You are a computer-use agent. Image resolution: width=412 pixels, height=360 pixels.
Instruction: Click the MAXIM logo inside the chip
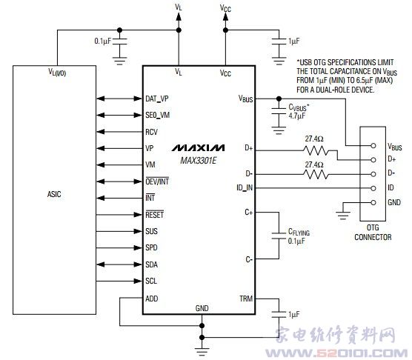[x=198, y=148]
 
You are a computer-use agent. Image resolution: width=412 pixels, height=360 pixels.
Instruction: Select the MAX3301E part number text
[x=198, y=161]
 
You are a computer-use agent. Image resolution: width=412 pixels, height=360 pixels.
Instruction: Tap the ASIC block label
[x=54, y=194]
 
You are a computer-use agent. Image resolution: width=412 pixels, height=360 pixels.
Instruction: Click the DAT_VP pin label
[x=157, y=99]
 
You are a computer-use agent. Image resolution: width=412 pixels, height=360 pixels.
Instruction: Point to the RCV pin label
[x=151, y=132]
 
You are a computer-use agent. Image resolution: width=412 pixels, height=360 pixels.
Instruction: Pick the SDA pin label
[x=151, y=264]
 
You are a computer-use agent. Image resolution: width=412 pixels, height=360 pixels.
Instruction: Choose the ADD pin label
[x=152, y=299]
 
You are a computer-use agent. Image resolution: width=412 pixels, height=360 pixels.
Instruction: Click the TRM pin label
[x=246, y=299]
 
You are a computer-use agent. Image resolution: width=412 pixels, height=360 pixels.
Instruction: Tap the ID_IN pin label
[x=245, y=187]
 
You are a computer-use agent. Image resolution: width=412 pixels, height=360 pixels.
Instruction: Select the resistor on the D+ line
[x=316, y=150]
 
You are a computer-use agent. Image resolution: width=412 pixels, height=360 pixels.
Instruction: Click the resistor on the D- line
[x=316, y=174]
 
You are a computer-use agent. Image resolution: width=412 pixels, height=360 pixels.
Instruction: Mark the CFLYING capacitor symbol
[x=279, y=236]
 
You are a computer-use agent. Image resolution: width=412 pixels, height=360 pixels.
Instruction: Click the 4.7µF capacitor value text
[x=296, y=116]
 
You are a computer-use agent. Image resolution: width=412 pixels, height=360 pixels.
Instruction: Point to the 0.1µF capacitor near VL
[x=119, y=41]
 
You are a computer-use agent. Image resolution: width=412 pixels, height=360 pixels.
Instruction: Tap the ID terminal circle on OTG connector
[x=373, y=188]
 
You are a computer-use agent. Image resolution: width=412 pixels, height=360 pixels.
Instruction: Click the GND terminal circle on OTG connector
[x=373, y=202]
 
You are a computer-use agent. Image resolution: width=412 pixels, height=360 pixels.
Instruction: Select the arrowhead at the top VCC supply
[x=225, y=16]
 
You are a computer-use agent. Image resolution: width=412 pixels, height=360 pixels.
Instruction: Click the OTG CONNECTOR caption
[x=373, y=233]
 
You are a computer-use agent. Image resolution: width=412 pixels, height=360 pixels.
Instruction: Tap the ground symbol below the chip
[x=202, y=350]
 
